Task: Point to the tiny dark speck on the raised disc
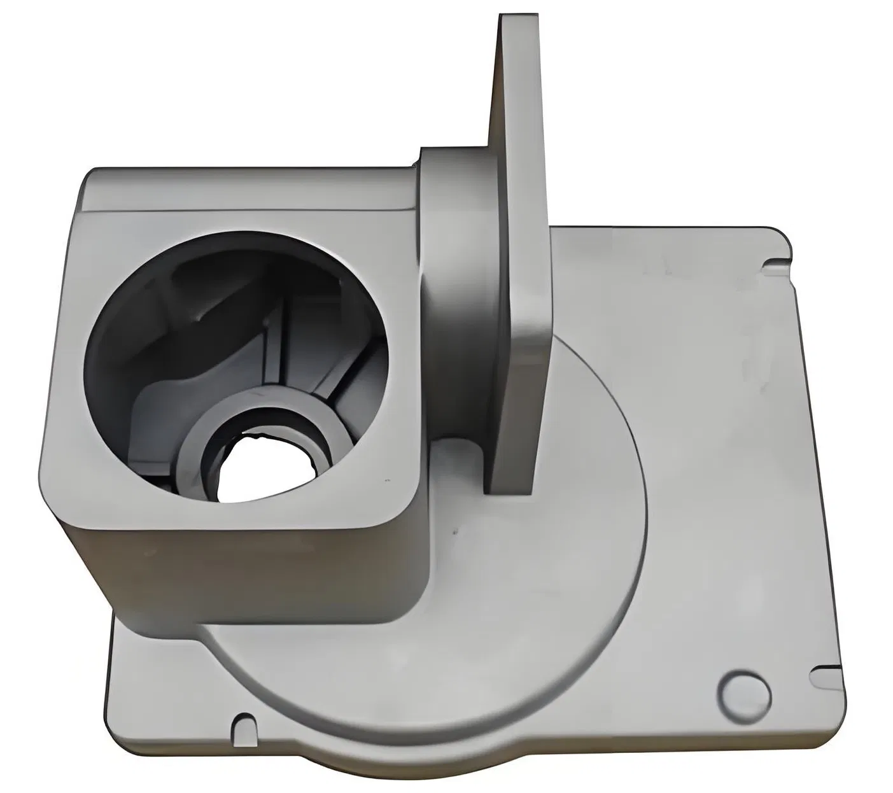pos(454,530)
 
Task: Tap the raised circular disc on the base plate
pos(541,605)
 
